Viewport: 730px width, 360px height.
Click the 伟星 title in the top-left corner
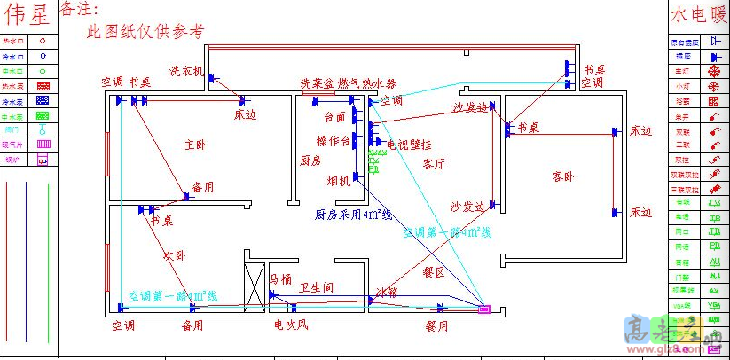[27, 15]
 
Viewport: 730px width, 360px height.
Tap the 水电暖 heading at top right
[697, 15]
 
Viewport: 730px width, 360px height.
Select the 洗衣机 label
[187, 70]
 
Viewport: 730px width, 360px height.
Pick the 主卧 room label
[196, 145]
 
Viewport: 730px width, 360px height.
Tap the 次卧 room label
[176, 255]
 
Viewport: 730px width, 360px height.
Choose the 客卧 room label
[563, 177]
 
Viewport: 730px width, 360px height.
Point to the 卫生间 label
[316, 287]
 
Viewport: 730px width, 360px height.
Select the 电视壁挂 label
[409, 144]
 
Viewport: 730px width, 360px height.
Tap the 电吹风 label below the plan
[291, 326]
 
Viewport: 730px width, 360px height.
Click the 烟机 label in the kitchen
[339, 181]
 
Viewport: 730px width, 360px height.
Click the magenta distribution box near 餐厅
[484, 309]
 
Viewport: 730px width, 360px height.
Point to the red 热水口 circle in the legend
[43, 42]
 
